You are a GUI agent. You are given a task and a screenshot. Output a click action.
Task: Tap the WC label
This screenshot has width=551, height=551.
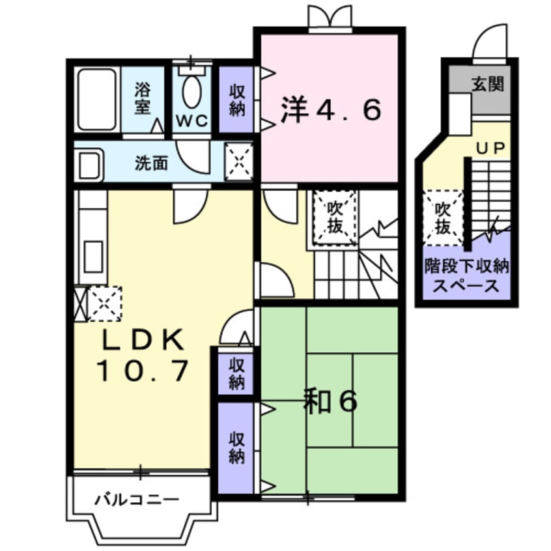point(191,120)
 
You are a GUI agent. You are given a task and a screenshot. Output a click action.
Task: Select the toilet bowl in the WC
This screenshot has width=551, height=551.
point(191,92)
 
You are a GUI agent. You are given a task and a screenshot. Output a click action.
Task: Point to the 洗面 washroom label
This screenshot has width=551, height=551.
point(151,163)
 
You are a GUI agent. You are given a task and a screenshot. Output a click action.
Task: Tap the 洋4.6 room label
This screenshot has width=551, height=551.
point(330,110)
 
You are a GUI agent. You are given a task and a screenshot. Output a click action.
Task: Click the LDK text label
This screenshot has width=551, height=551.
point(142,341)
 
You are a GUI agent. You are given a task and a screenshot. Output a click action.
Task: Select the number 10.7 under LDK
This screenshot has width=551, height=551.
point(143,371)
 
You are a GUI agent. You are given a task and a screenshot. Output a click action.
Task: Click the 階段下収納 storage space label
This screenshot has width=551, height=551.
point(467,275)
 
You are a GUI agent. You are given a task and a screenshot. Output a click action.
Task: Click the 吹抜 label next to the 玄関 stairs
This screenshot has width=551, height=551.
point(443,218)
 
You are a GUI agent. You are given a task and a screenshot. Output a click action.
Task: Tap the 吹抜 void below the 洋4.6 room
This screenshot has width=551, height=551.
point(335,218)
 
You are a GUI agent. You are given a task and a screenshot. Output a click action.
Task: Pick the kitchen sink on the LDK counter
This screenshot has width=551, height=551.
point(93,253)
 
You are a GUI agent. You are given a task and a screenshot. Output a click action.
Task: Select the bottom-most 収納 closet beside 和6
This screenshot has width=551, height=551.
point(236,448)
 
